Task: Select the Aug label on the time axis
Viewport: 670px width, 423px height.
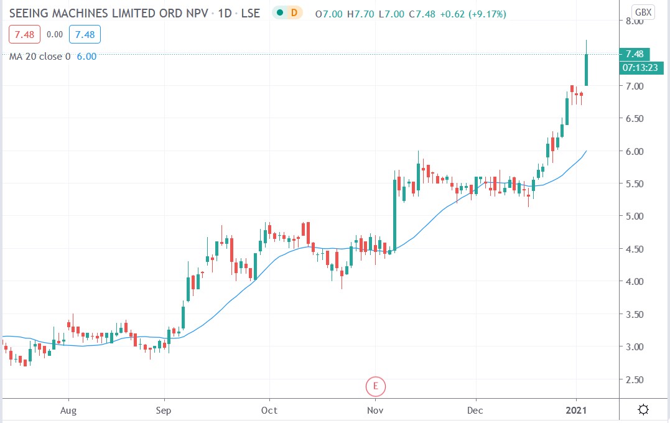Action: pyautogui.click(x=68, y=411)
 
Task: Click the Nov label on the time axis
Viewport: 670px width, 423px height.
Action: pyautogui.click(x=375, y=411)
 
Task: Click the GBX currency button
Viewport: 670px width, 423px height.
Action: pyautogui.click(x=642, y=12)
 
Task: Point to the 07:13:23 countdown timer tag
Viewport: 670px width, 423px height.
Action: pyautogui.click(x=638, y=67)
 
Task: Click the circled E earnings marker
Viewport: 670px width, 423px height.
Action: pyautogui.click(x=376, y=386)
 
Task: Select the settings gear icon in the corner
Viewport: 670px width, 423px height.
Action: pyautogui.click(x=643, y=409)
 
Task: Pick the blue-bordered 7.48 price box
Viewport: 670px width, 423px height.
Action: pyautogui.click(x=85, y=35)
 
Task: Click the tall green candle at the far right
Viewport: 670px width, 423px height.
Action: pyautogui.click(x=586, y=70)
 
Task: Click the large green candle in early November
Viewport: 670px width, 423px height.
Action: pyautogui.click(x=395, y=215)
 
